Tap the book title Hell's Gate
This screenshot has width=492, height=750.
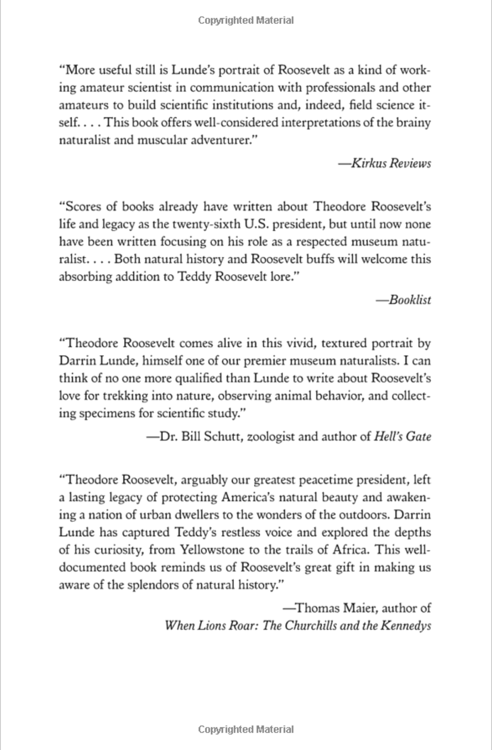[402, 437]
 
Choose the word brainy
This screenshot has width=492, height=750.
[412, 123]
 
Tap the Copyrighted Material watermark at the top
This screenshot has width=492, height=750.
[246, 20]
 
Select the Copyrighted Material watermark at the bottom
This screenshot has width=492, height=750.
[246, 729]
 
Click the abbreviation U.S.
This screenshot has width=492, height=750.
[256, 224]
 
